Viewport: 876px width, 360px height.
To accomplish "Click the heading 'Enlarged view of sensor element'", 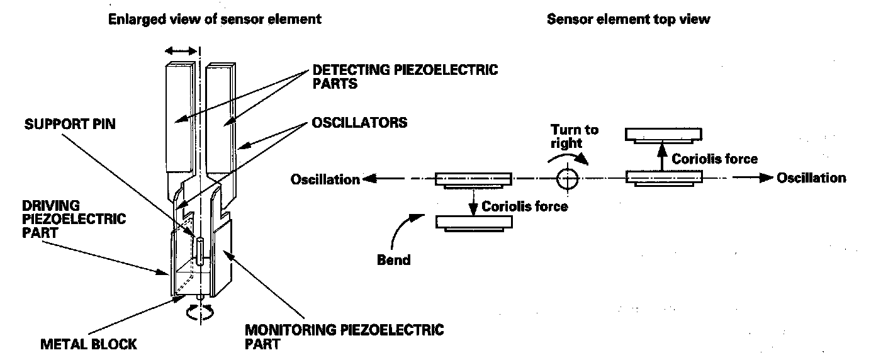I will coord(215,19).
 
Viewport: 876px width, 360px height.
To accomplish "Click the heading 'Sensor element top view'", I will coord(628,19).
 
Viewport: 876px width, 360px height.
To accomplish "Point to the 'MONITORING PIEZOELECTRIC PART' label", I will coord(344,337).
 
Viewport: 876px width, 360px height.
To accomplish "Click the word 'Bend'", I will coord(394,260).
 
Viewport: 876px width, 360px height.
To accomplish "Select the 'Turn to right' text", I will coord(575,136).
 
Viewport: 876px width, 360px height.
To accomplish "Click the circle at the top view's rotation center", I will coord(567,179).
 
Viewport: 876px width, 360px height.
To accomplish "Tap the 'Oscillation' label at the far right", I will coord(811,178).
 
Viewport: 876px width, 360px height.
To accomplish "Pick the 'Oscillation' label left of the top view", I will coord(325,180).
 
